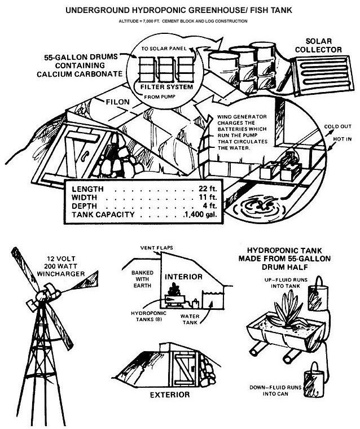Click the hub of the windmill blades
point(43,295)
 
